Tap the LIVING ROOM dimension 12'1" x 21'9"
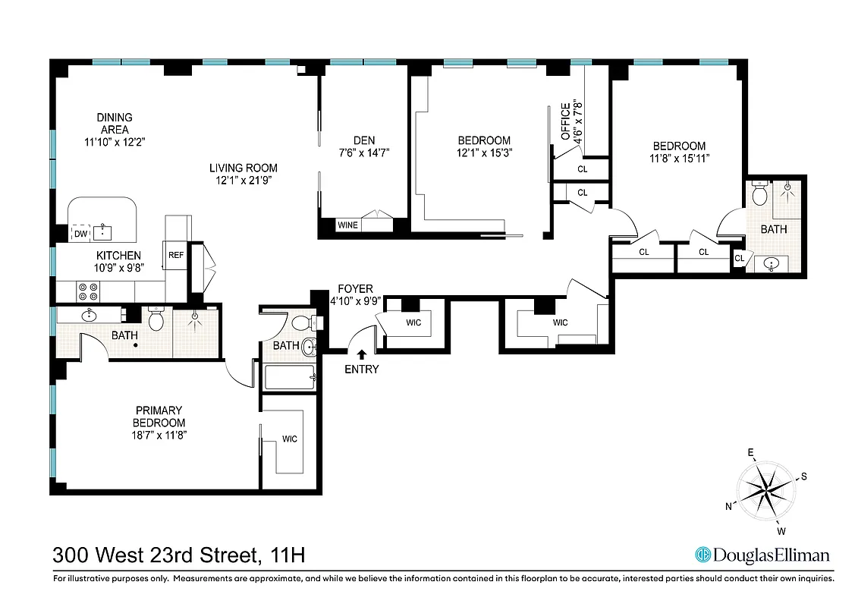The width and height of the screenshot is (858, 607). [x=244, y=180]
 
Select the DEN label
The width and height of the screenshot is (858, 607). [x=364, y=140]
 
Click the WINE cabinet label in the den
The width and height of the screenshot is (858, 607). [x=347, y=225]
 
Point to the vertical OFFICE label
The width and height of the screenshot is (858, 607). [x=564, y=121]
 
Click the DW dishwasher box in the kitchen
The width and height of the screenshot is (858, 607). [x=80, y=234]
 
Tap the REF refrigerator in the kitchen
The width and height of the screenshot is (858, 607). [x=175, y=256]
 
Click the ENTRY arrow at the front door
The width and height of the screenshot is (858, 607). [x=362, y=354]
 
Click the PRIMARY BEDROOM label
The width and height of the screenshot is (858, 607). [x=159, y=417]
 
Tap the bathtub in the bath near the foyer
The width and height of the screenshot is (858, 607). [x=289, y=376]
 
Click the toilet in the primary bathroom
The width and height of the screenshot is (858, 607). [x=156, y=320]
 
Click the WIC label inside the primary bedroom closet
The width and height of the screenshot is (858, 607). [x=289, y=439]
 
